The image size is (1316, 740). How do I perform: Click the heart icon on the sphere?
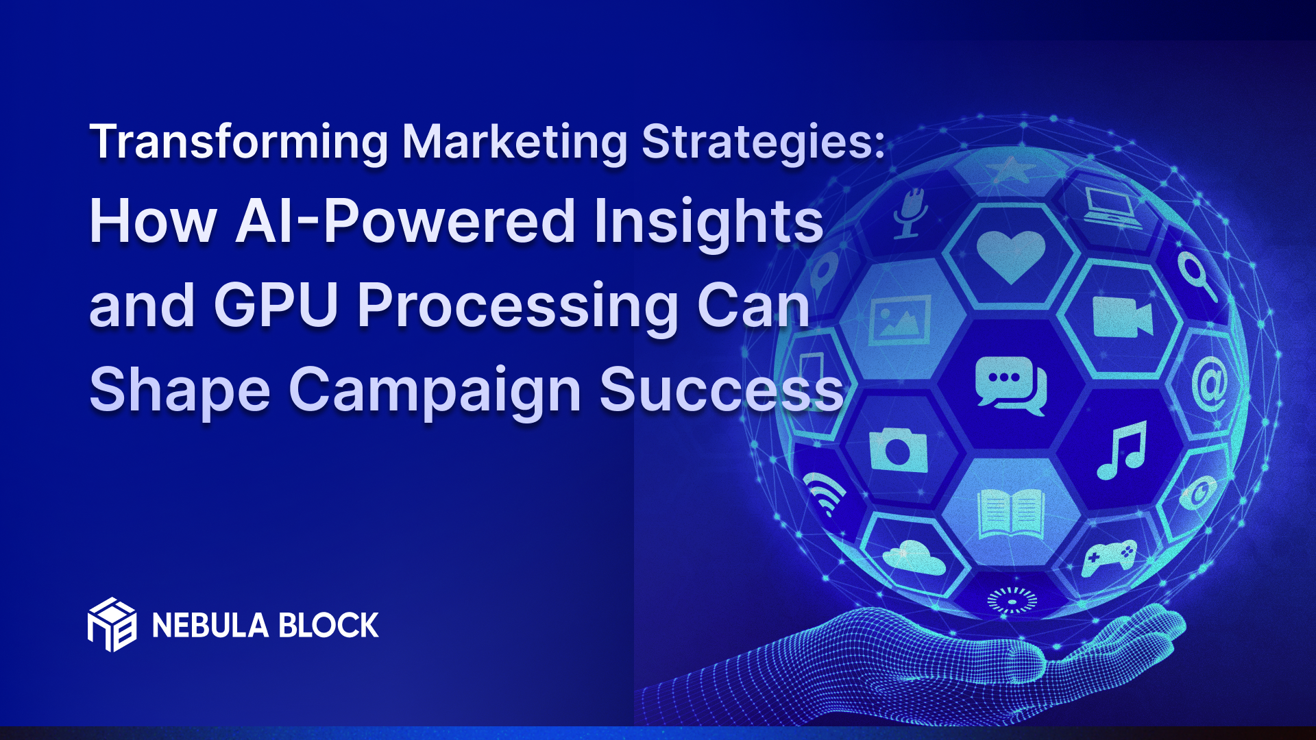pyautogui.click(x=1010, y=256)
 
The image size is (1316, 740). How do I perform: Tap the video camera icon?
pyautogui.click(x=1123, y=318)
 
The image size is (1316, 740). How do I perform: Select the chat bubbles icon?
pyautogui.click(x=1010, y=385)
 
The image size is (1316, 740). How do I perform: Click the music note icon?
pyautogui.click(x=1122, y=450)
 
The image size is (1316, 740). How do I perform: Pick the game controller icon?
pyautogui.click(x=1108, y=556)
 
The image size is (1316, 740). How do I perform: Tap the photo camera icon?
pyautogui.click(x=898, y=449)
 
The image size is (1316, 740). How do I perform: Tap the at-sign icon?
pyautogui.click(x=1210, y=384)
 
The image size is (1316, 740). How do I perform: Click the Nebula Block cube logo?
pyautogui.click(x=112, y=624)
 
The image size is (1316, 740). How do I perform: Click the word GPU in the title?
pyautogui.click(x=276, y=306)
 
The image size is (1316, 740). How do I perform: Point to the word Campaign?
pyautogui.click(x=435, y=391)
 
